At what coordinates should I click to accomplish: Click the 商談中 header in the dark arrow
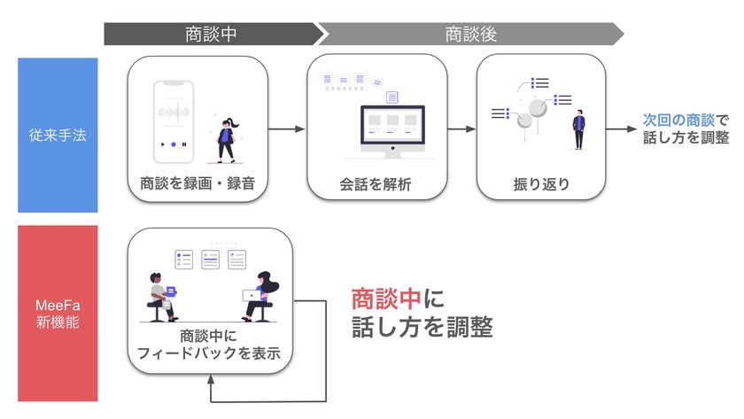[x=211, y=35]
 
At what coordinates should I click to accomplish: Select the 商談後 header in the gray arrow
[x=470, y=35]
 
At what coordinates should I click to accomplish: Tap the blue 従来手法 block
[x=58, y=136]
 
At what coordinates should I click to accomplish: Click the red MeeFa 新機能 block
[x=58, y=314]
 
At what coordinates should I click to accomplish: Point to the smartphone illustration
[x=174, y=122]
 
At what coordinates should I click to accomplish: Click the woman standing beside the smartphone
[x=227, y=140]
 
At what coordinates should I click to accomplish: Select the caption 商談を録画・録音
[x=198, y=183]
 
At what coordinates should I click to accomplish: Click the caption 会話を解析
[x=376, y=184]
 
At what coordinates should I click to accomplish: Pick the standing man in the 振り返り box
[x=578, y=129]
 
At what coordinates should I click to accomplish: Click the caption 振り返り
[x=541, y=184]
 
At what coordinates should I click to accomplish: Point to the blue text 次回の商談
[x=678, y=120]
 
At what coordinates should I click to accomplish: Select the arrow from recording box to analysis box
[x=286, y=129]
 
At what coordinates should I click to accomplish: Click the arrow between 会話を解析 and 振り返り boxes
[x=461, y=129]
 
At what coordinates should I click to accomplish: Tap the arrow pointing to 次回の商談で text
[x=621, y=129]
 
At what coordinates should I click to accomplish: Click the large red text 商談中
[x=386, y=299]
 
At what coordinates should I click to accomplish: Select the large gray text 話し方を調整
[x=422, y=327]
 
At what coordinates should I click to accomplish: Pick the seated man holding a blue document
[x=162, y=298]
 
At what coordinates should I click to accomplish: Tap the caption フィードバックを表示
[x=209, y=353]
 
